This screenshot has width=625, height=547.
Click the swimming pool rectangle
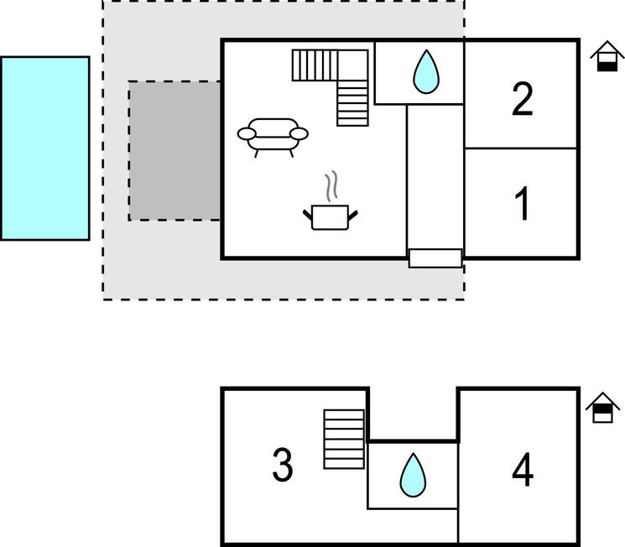click(45, 148)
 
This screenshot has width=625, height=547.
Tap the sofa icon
click(273, 136)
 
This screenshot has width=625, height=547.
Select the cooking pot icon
click(330, 216)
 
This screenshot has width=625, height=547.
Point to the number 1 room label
click(521, 204)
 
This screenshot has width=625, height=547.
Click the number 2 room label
click(521, 100)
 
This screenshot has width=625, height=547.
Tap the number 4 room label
click(522, 471)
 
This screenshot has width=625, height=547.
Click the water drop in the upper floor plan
click(425, 72)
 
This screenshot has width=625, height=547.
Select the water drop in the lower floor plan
click(412, 475)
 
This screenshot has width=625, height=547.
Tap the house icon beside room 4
click(602, 409)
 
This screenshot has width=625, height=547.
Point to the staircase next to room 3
click(344, 439)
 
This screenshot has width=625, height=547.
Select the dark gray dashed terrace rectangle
click(174, 151)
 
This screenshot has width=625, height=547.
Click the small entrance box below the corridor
click(435, 258)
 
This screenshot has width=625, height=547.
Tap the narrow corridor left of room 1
click(435, 176)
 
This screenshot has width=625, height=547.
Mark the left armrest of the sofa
click(247, 133)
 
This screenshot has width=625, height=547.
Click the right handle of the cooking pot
click(357, 216)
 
